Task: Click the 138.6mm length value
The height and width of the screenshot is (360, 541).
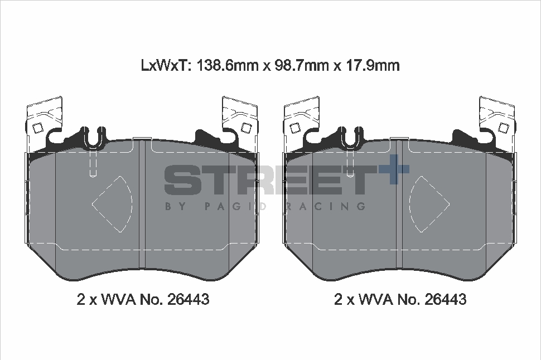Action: [x=226, y=66]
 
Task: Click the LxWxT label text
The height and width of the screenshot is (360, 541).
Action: [x=166, y=66]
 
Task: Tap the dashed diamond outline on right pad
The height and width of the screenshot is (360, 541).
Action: [x=428, y=204]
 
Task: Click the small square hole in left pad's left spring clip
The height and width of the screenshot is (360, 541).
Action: [x=37, y=128]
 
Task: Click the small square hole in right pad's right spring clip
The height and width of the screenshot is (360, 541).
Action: [x=503, y=128]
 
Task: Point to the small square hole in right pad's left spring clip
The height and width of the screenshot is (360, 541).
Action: [x=294, y=128]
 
